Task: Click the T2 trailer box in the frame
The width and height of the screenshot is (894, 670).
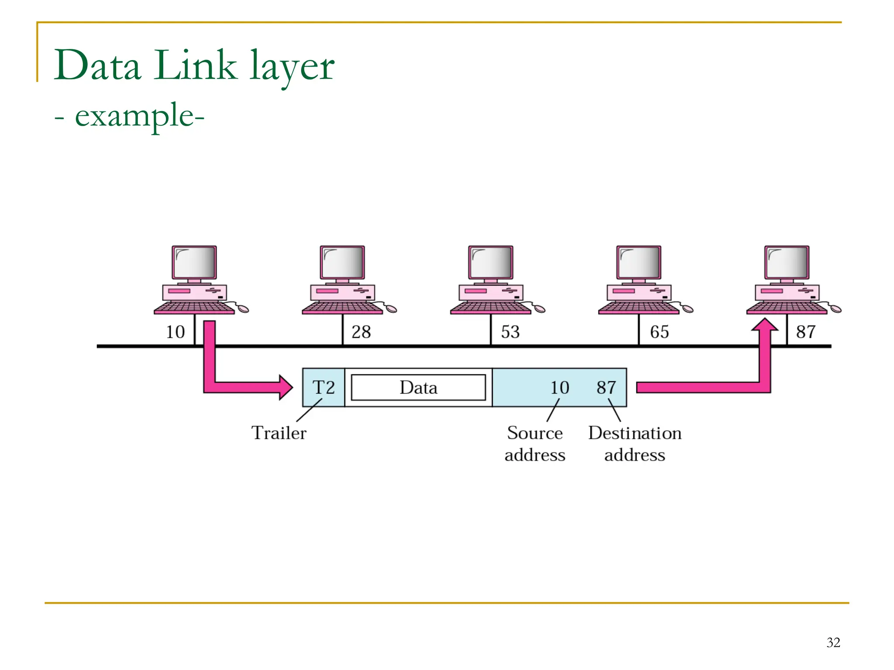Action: [323, 387]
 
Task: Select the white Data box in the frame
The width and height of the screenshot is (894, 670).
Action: [418, 387]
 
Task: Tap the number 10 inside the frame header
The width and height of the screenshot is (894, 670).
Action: [559, 387]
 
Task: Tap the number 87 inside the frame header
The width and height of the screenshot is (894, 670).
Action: [606, 387]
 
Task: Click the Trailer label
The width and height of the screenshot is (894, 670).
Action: [279, 433]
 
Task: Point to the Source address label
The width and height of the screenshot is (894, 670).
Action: [535, 444]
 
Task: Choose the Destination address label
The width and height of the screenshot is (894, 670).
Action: [635, 444]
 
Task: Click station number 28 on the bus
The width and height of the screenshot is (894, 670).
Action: [361, 332]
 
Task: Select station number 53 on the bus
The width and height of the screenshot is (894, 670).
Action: [510, 332]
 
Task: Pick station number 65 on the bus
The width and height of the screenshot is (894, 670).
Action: [659, 332]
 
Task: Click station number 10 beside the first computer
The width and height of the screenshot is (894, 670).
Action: [175, 332]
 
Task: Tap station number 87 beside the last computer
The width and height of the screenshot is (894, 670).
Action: [805, 332]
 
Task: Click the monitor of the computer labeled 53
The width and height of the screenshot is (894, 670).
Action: [491, 263]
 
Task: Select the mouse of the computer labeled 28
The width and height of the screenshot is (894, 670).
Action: [392, 309]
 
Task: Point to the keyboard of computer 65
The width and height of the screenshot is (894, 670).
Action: [638, 308]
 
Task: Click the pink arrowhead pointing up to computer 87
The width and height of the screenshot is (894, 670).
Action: [764, 325]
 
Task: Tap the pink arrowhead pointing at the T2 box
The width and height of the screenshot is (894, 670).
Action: [285, 387]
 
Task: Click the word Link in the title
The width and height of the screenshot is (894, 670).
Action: [195, 65]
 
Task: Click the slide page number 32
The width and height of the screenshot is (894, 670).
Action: [833, 642]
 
